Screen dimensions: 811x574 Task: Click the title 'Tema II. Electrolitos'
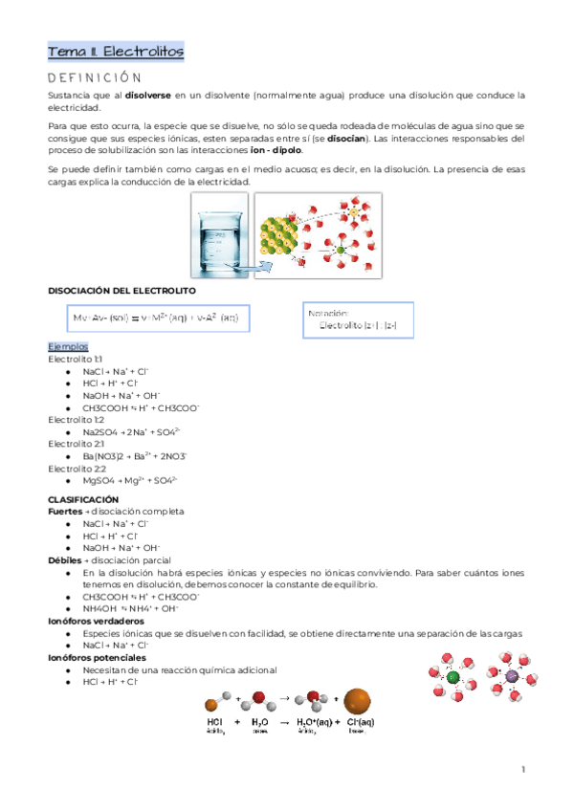point(116,51)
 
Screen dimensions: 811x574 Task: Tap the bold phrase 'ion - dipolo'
point(273,150)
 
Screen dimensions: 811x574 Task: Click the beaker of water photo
point(223,232)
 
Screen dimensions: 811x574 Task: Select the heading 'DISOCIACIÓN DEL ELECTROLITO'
point(121,290)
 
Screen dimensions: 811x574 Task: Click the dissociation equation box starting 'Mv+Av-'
point(157,317)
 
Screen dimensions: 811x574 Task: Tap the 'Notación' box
point(356,318)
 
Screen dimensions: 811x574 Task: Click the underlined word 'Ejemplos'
point(68,346)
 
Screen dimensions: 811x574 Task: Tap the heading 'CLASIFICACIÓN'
point(83,499)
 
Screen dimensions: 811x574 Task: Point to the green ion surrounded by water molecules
point(453,678)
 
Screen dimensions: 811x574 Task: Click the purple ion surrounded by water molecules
point(510,677)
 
